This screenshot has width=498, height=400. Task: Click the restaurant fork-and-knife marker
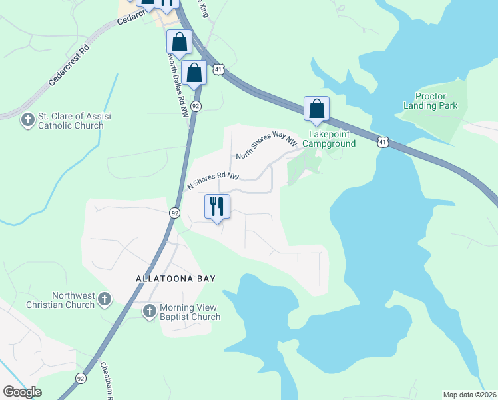tap(216, 207)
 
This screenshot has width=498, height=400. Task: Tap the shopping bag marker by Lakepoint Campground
tap(316, 109)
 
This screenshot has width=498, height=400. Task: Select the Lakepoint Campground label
tap(332, 139)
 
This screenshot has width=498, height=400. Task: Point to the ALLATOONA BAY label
tap(176, 279)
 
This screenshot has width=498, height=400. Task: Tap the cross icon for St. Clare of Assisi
tap(28, 120)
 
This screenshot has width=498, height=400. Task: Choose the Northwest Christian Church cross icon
tap(105, 299)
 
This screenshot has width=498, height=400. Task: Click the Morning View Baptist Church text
tap(190, 312)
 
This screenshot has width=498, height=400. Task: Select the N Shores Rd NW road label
tap(212, 177)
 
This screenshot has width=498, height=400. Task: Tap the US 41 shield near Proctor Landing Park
tap(382, 141)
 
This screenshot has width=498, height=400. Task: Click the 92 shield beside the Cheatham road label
tap(81, 377)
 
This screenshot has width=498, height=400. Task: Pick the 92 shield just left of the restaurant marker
tap(174, 213)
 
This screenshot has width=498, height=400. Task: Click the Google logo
tap(22, 392)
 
